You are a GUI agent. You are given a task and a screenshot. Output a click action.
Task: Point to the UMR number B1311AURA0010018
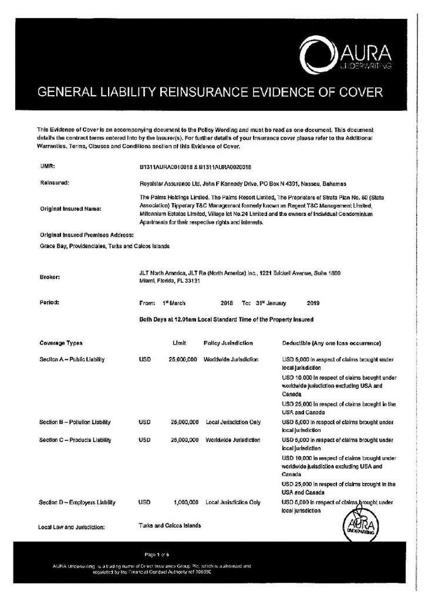[166, 167]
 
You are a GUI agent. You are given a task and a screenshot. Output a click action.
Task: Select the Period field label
[49, 303]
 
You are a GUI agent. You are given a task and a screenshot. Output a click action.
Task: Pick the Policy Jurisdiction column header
[228, 342]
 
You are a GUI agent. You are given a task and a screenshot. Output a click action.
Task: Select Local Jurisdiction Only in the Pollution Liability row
[233, 422]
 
